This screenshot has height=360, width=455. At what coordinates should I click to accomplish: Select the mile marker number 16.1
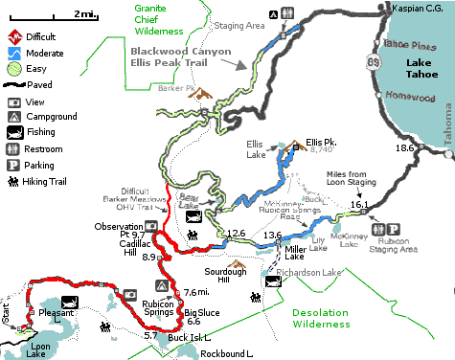[358, 204]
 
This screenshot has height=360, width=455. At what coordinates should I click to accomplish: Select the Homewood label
[410, 96]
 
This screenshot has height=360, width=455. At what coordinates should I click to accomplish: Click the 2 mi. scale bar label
[84, 11]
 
